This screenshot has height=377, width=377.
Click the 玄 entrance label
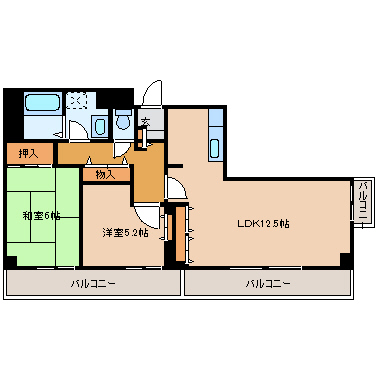click(x=145, y=123)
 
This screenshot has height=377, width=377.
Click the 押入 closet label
click(x=28, y=153)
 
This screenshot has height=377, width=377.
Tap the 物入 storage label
click(x=105, y=175)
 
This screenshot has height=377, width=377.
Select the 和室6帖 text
click(x=41, y=214)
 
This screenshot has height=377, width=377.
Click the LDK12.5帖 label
click(x=263, y=223)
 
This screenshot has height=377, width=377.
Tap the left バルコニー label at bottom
click(x=92, y=284)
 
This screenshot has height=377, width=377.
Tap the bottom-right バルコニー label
click(x=268, y=284)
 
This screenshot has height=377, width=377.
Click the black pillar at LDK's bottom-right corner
click(x=345, y=260)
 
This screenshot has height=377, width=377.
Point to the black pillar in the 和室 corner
click(x=10, y=262)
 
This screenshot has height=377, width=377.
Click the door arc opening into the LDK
click(x=174, y=188)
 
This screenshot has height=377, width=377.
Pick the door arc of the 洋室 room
click(x=146, y=211)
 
